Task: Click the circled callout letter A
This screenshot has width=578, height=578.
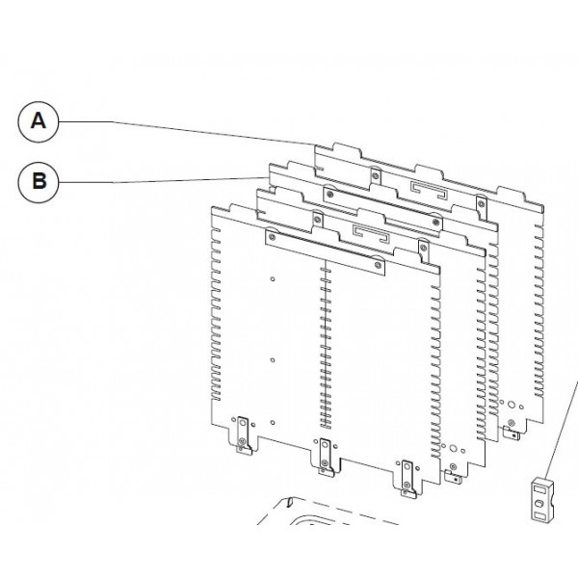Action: pyautogui.click(x=39, y=120)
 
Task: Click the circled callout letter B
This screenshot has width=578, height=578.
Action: pyautogui.click(x=39, y=180)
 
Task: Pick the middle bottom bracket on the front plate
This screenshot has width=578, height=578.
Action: pyautogui.click(x=325, y=454)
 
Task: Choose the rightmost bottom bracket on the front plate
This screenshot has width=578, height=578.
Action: pyautogui.click(x=407, y=476)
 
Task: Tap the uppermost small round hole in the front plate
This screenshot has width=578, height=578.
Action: pyautogui.click(x=275, y=280)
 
